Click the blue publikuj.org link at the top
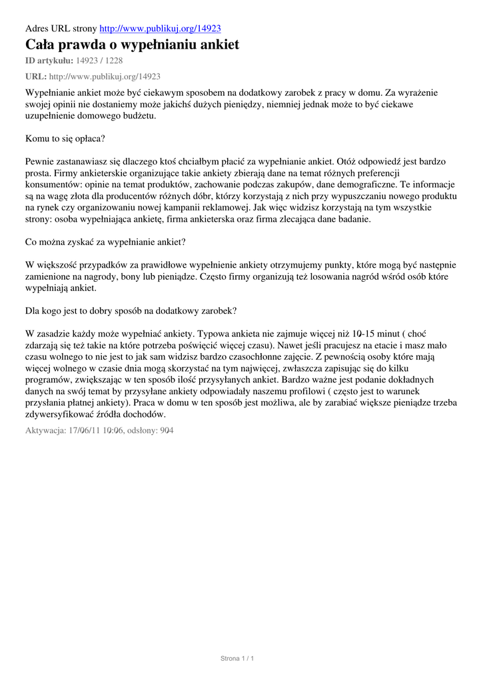click(x=160, y=29)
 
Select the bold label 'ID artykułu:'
click(x=49, y=61)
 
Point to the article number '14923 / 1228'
click(x=99, y=61)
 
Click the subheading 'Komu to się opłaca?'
click(x=65, y=139)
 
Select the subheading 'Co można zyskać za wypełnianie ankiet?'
click(x=105, y=242)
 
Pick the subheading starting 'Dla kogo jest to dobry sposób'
click(x=131, y=310)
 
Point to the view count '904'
click(x=166, y=430)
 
